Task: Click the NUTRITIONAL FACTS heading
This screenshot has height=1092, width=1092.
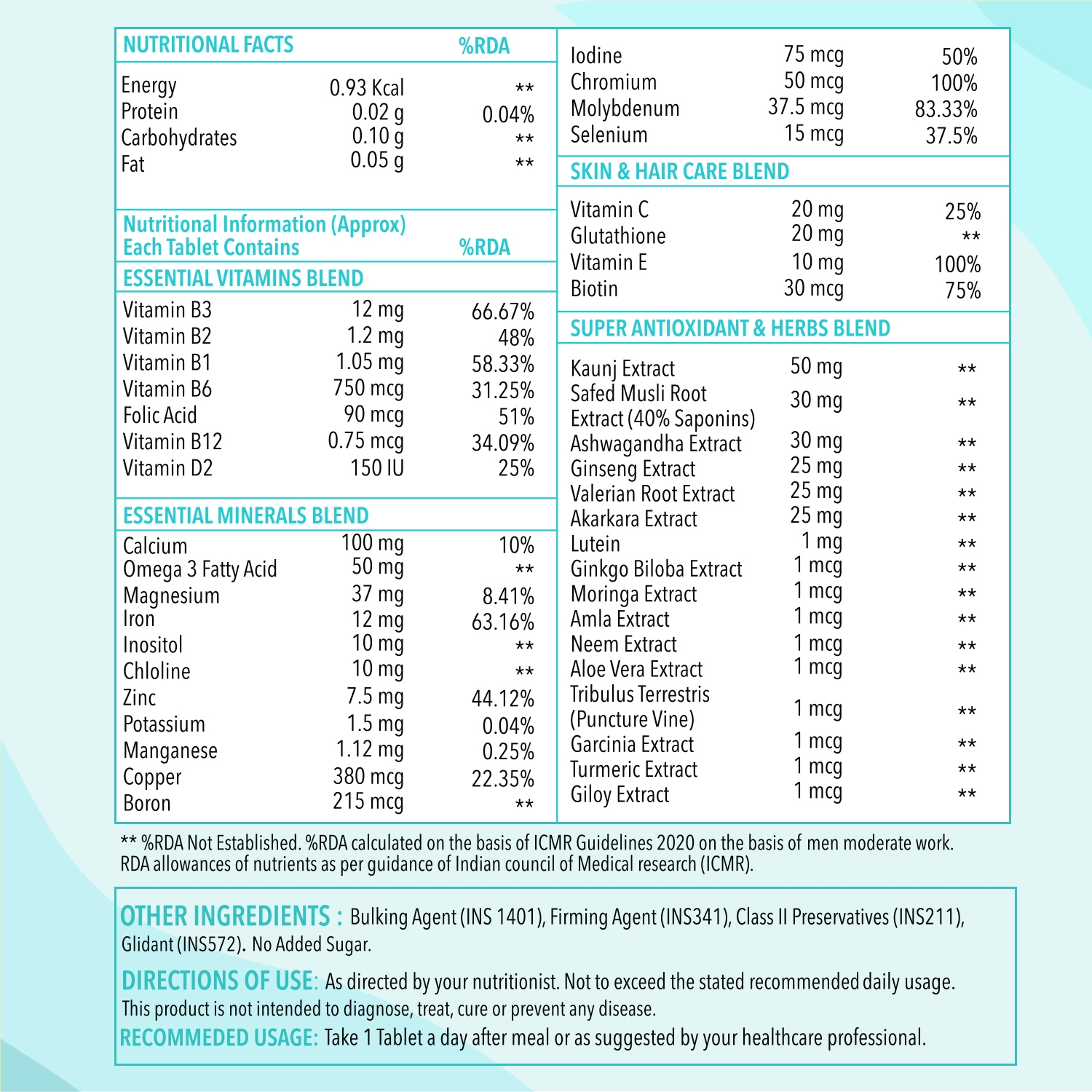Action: coord(208,45)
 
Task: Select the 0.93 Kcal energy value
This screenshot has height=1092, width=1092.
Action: coord(366,88)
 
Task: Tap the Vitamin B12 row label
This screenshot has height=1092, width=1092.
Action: coord(172,442)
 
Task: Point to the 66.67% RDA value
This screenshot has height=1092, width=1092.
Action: coord(502,312)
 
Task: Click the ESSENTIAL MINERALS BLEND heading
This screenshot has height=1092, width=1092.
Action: coord(245,515)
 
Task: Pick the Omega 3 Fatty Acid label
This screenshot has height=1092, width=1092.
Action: coord(199,569)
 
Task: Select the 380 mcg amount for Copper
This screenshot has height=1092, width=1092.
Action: coord(368,777)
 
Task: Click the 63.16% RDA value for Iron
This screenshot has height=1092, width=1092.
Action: coord(502,622)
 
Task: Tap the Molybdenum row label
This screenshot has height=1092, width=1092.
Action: coord(625,108)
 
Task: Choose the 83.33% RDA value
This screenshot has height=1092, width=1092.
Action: coord(946,109)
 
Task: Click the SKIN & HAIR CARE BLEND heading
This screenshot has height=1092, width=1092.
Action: coord(679,172)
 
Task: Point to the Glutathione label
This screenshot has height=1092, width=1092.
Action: coord(617,236)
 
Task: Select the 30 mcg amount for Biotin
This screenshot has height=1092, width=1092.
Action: coord(813,289)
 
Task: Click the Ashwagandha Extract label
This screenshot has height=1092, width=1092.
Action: coord(655,443)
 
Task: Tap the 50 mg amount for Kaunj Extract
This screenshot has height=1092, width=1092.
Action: coord(816,366)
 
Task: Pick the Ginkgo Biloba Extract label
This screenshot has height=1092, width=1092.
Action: coord(656,569)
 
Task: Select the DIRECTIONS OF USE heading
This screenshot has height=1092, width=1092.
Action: coord(219,981)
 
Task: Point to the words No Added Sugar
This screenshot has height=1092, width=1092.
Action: coord(312,945)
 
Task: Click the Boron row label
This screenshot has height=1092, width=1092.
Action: coord(146,804)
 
